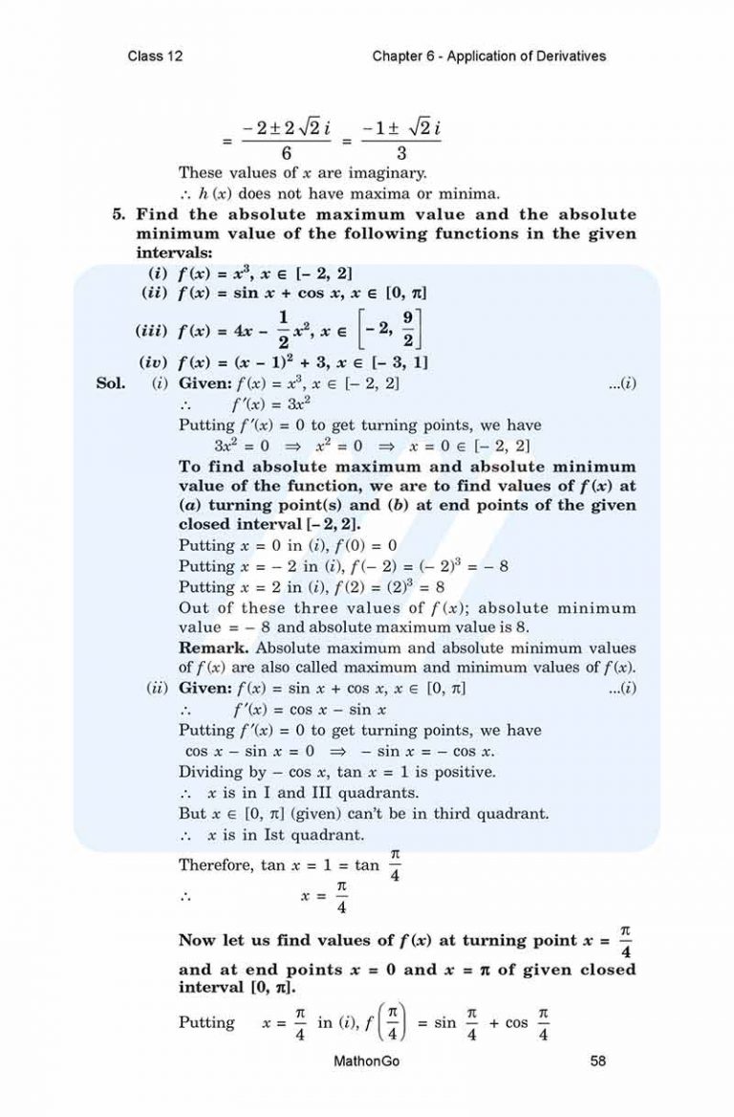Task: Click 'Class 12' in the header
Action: [x=155, y=56]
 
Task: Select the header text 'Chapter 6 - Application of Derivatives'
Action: [x=489, y=56]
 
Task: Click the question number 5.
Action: [x=119, y=215]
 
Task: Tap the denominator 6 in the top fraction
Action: [x=288, y=153]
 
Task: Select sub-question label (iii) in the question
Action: [x=154, y=334]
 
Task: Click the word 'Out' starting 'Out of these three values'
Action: [x=193, y=608]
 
